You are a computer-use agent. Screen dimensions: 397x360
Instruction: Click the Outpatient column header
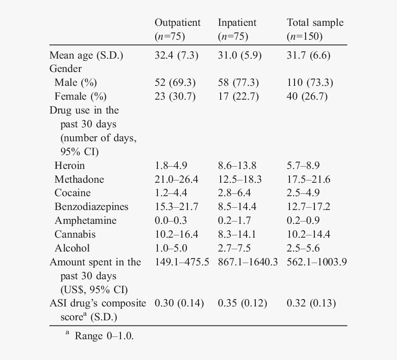click(x=177, y=23)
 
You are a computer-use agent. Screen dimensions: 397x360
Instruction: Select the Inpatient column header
click(x=237, y=23)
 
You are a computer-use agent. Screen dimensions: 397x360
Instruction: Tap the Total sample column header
click(x=315, y=23)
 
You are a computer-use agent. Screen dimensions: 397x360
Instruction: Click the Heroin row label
click(x=70, y=165)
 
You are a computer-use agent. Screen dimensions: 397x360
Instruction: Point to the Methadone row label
click(x=79, y=179)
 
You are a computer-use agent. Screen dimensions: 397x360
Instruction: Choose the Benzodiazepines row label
click(x=91, y=207)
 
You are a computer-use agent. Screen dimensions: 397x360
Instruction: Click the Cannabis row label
click(x=75, y=234)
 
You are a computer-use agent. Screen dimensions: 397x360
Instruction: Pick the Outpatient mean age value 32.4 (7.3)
click(x=176, y=55)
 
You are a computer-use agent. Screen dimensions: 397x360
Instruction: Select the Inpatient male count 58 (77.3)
click(x=238, y=83)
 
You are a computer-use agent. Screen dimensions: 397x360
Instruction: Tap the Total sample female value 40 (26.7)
click(x=307, y=96)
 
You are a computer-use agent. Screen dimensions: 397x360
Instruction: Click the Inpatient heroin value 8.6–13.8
click(x=237, y=165)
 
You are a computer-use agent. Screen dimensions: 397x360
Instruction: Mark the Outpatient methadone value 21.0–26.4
click(x=176, y=179)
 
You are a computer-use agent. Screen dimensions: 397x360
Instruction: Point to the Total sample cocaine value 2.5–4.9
click(x=303, y=192)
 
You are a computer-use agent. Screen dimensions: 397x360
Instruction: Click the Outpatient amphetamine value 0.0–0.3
click(x=171, y=220)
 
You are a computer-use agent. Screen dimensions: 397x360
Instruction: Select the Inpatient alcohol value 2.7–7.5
click(x=234, y=248)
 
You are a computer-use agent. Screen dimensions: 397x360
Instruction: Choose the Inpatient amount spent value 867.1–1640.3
click(x=248, y=262)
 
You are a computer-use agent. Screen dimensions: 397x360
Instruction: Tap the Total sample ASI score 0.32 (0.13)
click(x=311, y=303)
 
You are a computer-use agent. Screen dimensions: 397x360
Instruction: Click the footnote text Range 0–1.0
click(x=104, y=336)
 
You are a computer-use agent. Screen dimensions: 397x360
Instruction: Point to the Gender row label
click(x=66, y=69)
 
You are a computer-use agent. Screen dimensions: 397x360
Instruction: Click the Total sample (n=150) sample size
click(x=305, y=36)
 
